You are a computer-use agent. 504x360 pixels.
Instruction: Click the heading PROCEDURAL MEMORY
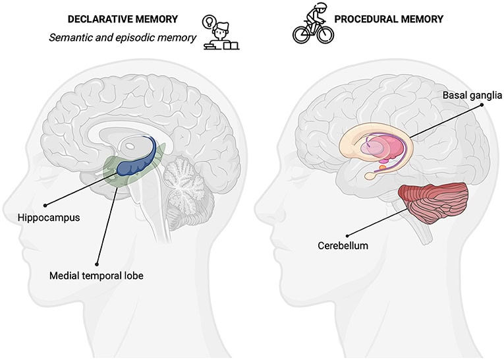(388, 18)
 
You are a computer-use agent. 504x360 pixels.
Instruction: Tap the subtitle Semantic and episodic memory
(123, 38)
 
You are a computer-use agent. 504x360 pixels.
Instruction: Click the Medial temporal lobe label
(96, 275)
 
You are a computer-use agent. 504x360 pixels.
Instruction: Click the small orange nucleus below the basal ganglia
(381, 168)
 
